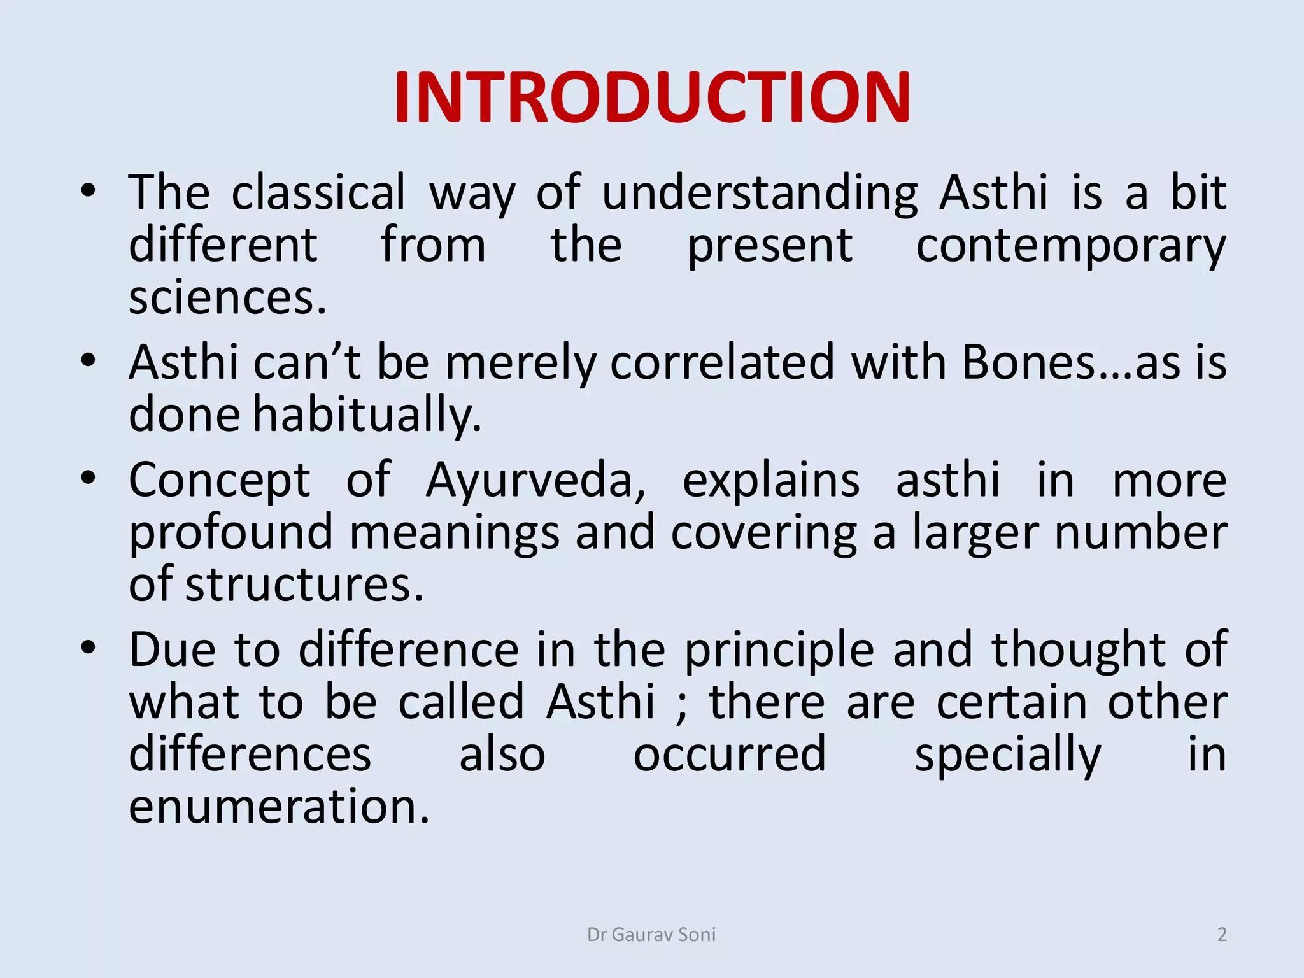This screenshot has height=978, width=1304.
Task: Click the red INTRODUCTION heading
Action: click(652, 97)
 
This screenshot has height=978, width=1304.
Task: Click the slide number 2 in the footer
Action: click(1221, 934)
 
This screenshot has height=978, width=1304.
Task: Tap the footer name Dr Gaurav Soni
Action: click(651, 934)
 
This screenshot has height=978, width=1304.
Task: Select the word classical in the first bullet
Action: click(318, 192)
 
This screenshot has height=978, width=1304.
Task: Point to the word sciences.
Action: click(227, 298)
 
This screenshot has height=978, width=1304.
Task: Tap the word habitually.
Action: click(367, 415)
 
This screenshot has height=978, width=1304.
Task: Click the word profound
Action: click(231, 534)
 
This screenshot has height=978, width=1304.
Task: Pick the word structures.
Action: click(304, 585)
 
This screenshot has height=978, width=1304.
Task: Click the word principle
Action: click(779, 651)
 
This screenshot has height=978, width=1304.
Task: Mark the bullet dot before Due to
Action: click(89, 648)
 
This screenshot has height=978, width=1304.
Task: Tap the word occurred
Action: click(730, 755)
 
